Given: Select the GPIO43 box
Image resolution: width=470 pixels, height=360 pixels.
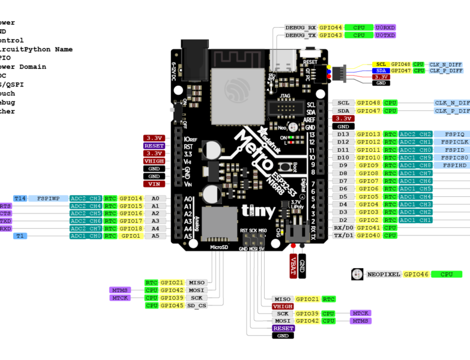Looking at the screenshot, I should pyautogui.click(x=330, y=35).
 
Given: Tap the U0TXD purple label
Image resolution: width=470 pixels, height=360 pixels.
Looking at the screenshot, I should pyautogui.click(x=385, y=35).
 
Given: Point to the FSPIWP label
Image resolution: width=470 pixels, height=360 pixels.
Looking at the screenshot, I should pyautogui.click(x=48, y=198).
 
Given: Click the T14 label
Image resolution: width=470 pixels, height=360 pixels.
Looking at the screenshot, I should pyautogui.click(x=20, y=198).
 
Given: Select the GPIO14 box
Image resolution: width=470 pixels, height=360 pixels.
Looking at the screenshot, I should pyautogui.click(x=130, y=198).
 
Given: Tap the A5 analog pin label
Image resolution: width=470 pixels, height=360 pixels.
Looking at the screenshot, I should pyautogui.click(x=155, y=236).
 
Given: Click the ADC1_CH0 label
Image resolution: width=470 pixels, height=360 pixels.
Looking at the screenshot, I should pyautogui.click(x=85, y=236).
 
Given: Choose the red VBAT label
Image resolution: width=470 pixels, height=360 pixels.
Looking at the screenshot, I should pyautogui.click(x=294, y=265).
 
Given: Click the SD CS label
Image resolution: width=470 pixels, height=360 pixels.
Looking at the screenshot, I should pyautogui.click(x=196, y=305).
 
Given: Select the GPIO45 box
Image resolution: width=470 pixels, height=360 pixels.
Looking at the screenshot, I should pyautogui.click(x=172, y=305).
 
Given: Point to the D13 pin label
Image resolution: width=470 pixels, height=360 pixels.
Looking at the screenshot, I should pyautogui.click(x=343, y=134).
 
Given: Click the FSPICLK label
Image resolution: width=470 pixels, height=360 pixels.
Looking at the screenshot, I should pyautogui.click(x=454, y=142).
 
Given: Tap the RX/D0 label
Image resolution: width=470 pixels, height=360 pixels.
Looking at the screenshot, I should pyautogui.click(x=343, y=228).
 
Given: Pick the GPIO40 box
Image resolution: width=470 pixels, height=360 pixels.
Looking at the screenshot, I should pyautogui.click(x=369, y=236).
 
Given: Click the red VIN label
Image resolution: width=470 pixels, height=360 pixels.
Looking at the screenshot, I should pyautogui.click(x=154, y=184).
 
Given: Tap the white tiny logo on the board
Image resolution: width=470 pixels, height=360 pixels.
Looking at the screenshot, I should pyautogui.click(x=258, y=211).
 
